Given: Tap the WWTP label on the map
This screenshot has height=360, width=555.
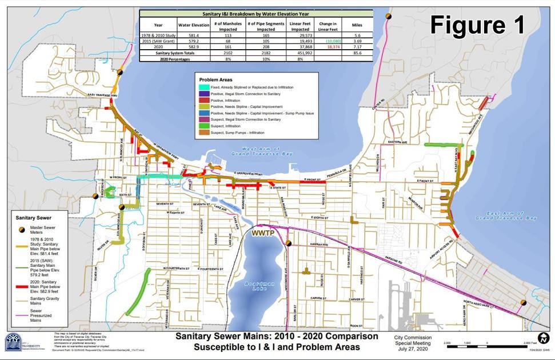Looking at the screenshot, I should [262, 234].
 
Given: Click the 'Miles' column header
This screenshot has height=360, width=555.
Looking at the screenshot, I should [357, 25].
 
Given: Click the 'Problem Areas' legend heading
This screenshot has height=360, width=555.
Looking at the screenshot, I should [214, 79].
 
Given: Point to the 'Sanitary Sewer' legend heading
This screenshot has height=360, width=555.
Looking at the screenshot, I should [35, 218].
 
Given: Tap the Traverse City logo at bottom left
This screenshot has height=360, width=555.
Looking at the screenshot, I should [13, 342].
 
